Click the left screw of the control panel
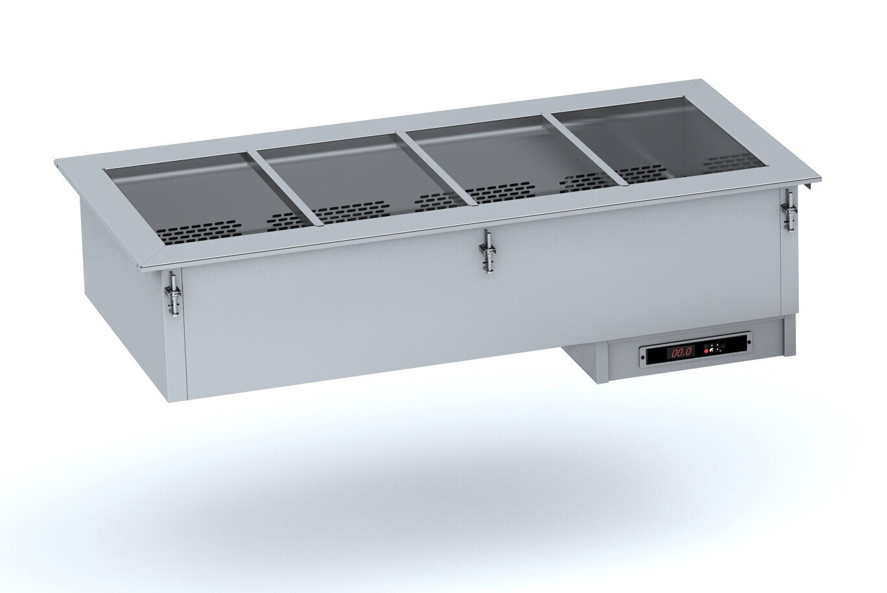[643, 357]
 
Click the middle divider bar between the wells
[440, 168]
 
